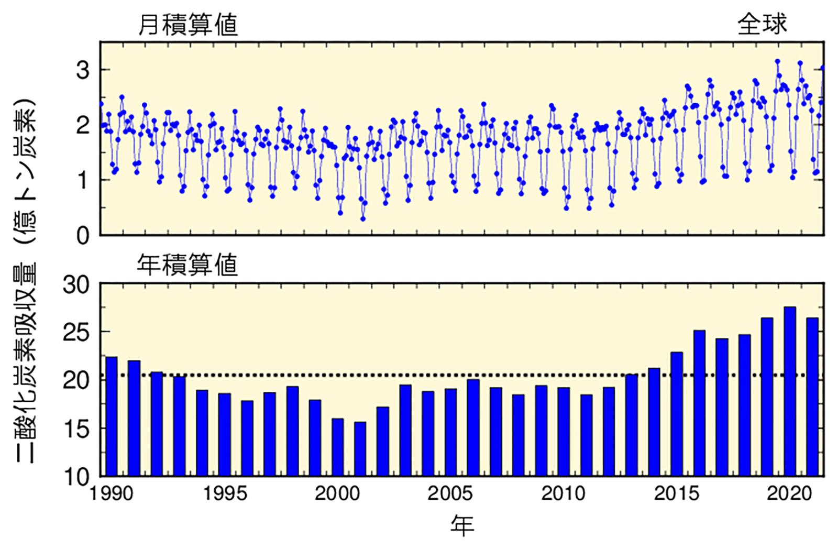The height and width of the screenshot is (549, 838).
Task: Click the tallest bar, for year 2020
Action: pos(789,392)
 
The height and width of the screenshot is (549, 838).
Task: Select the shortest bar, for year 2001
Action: pos(360,449)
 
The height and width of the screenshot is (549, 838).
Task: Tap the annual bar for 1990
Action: pos(111,416)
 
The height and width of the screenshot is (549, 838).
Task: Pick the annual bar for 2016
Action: pos(699,403)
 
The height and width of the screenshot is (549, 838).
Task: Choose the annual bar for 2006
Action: pos(473,427)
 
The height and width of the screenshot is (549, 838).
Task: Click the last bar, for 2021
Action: pos(812,397)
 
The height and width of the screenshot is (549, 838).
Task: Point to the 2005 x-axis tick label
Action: pos(450,493)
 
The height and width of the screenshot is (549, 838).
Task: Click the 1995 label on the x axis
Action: pos(225,493)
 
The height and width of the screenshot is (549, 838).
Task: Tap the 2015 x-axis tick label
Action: pos(676,493)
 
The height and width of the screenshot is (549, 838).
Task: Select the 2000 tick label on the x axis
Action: pos(337,493)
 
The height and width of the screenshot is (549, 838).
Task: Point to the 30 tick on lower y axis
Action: pos(76,285)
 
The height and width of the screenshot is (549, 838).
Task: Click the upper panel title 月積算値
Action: pos(188,25)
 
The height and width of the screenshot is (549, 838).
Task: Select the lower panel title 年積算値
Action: pos(188,265)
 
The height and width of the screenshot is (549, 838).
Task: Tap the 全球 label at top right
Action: pos(762,24)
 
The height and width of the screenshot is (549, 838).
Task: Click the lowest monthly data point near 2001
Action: pos(363,219)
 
